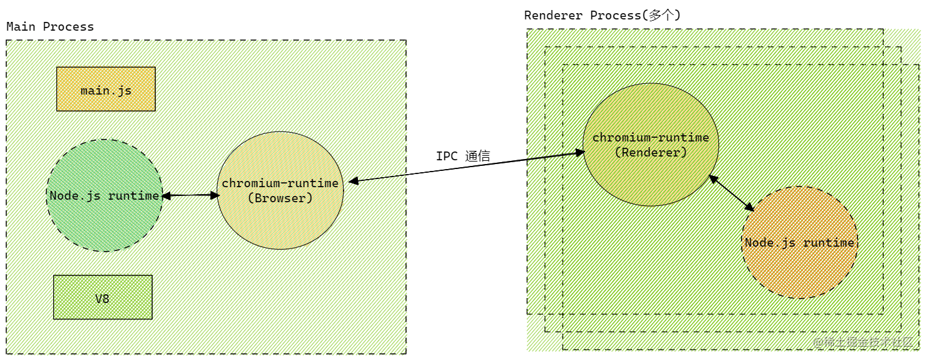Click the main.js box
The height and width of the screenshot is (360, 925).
pos(106,89)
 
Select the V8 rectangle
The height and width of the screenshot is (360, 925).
pos(103,297)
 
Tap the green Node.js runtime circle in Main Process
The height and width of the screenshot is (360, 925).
pos(105,195)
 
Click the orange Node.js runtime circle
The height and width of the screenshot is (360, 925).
pos(800,242)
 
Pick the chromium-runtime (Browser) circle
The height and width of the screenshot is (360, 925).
pos(280,190)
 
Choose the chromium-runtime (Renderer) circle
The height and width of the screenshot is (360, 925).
pos(651,145)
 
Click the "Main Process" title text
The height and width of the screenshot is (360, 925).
pos(50,27)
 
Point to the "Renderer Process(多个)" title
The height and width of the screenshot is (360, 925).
pos(602,15)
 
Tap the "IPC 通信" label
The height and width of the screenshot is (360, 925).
pos(463,157)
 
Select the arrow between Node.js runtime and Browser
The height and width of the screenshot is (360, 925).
pos(191,195)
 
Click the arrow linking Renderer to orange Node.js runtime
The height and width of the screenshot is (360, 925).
pos(732,193)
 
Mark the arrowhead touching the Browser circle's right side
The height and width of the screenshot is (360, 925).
pos(354,180)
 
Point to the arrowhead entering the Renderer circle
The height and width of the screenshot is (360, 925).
pos(580,153)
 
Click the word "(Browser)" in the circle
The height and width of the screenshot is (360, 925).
pos(280,198)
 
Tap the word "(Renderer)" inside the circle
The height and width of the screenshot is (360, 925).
pos(651,153)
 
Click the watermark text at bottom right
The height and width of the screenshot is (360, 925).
pos(863,342)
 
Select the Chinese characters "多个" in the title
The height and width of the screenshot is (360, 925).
pos(661,15)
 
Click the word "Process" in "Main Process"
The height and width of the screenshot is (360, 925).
pos(69,27)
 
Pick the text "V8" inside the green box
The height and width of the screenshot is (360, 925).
pos(103,299)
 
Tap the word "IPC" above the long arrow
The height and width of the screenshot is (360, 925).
pos(447,157)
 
